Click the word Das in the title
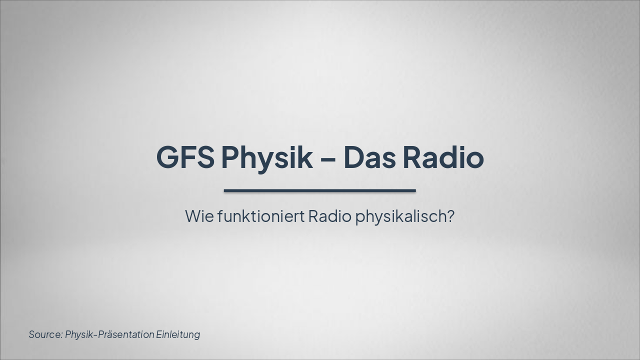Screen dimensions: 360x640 pos(369,157)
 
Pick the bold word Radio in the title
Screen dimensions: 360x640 pos(443,157)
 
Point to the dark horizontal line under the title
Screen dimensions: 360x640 pos(320,190)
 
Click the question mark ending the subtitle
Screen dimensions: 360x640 pos(450,216)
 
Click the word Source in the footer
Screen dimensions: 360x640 pos(44,334)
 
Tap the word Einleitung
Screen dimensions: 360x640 pos(178,334)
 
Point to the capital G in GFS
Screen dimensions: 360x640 pos(168,157)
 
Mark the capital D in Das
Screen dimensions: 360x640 pos(354,157)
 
